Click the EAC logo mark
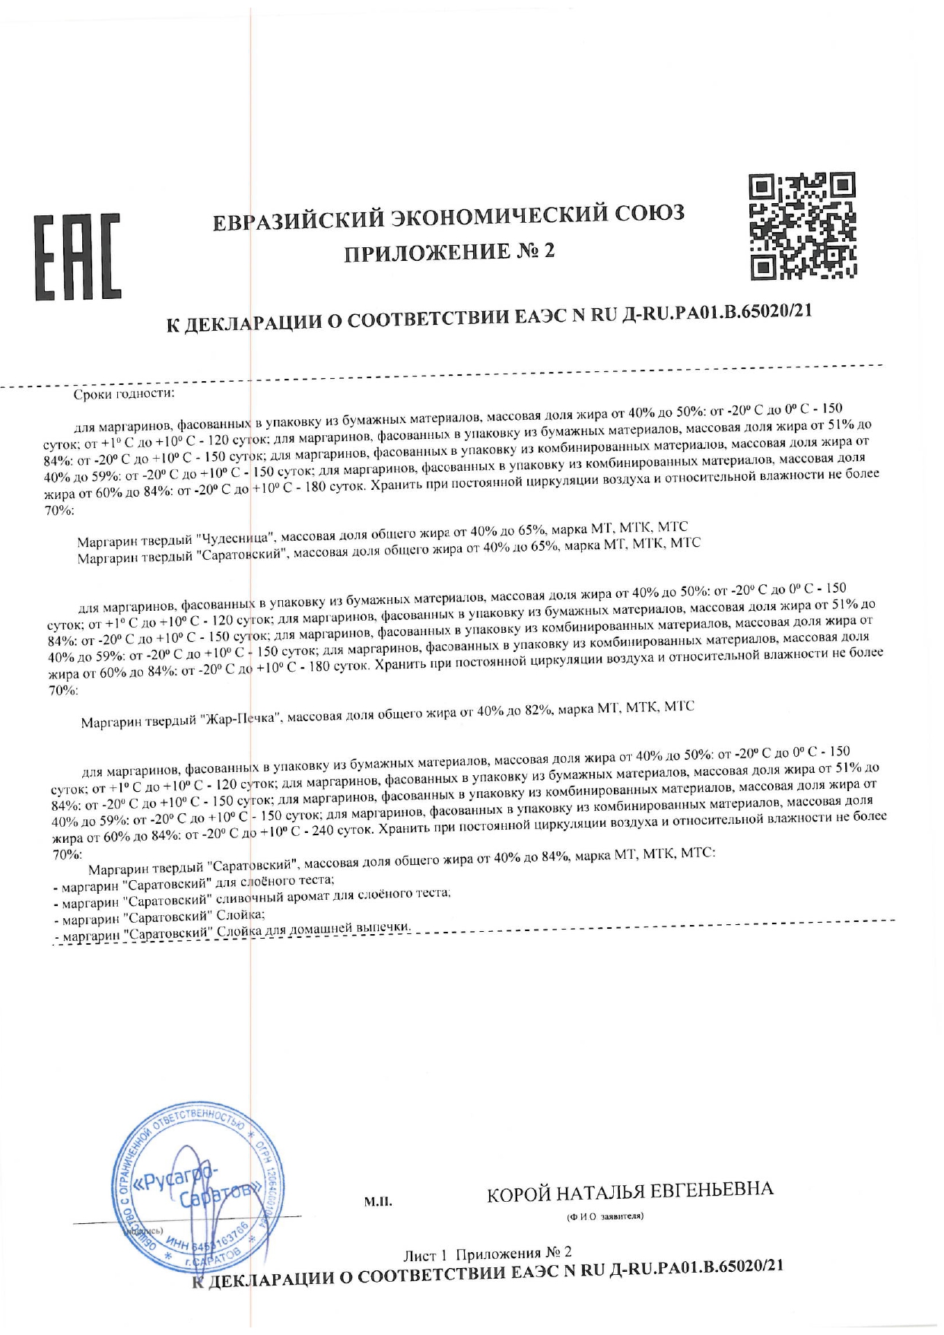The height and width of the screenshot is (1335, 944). [x=77, y=258]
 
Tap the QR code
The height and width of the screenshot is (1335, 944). [x=803, y=225]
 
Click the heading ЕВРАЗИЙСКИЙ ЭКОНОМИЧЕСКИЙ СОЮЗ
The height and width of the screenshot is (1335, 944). [x=448, y=217]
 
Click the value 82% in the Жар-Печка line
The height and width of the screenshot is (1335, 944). [x=536, y=711]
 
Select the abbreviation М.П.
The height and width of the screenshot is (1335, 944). [x=378, y=1203]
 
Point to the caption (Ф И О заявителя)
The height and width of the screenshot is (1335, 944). [x=605, y=1216]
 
